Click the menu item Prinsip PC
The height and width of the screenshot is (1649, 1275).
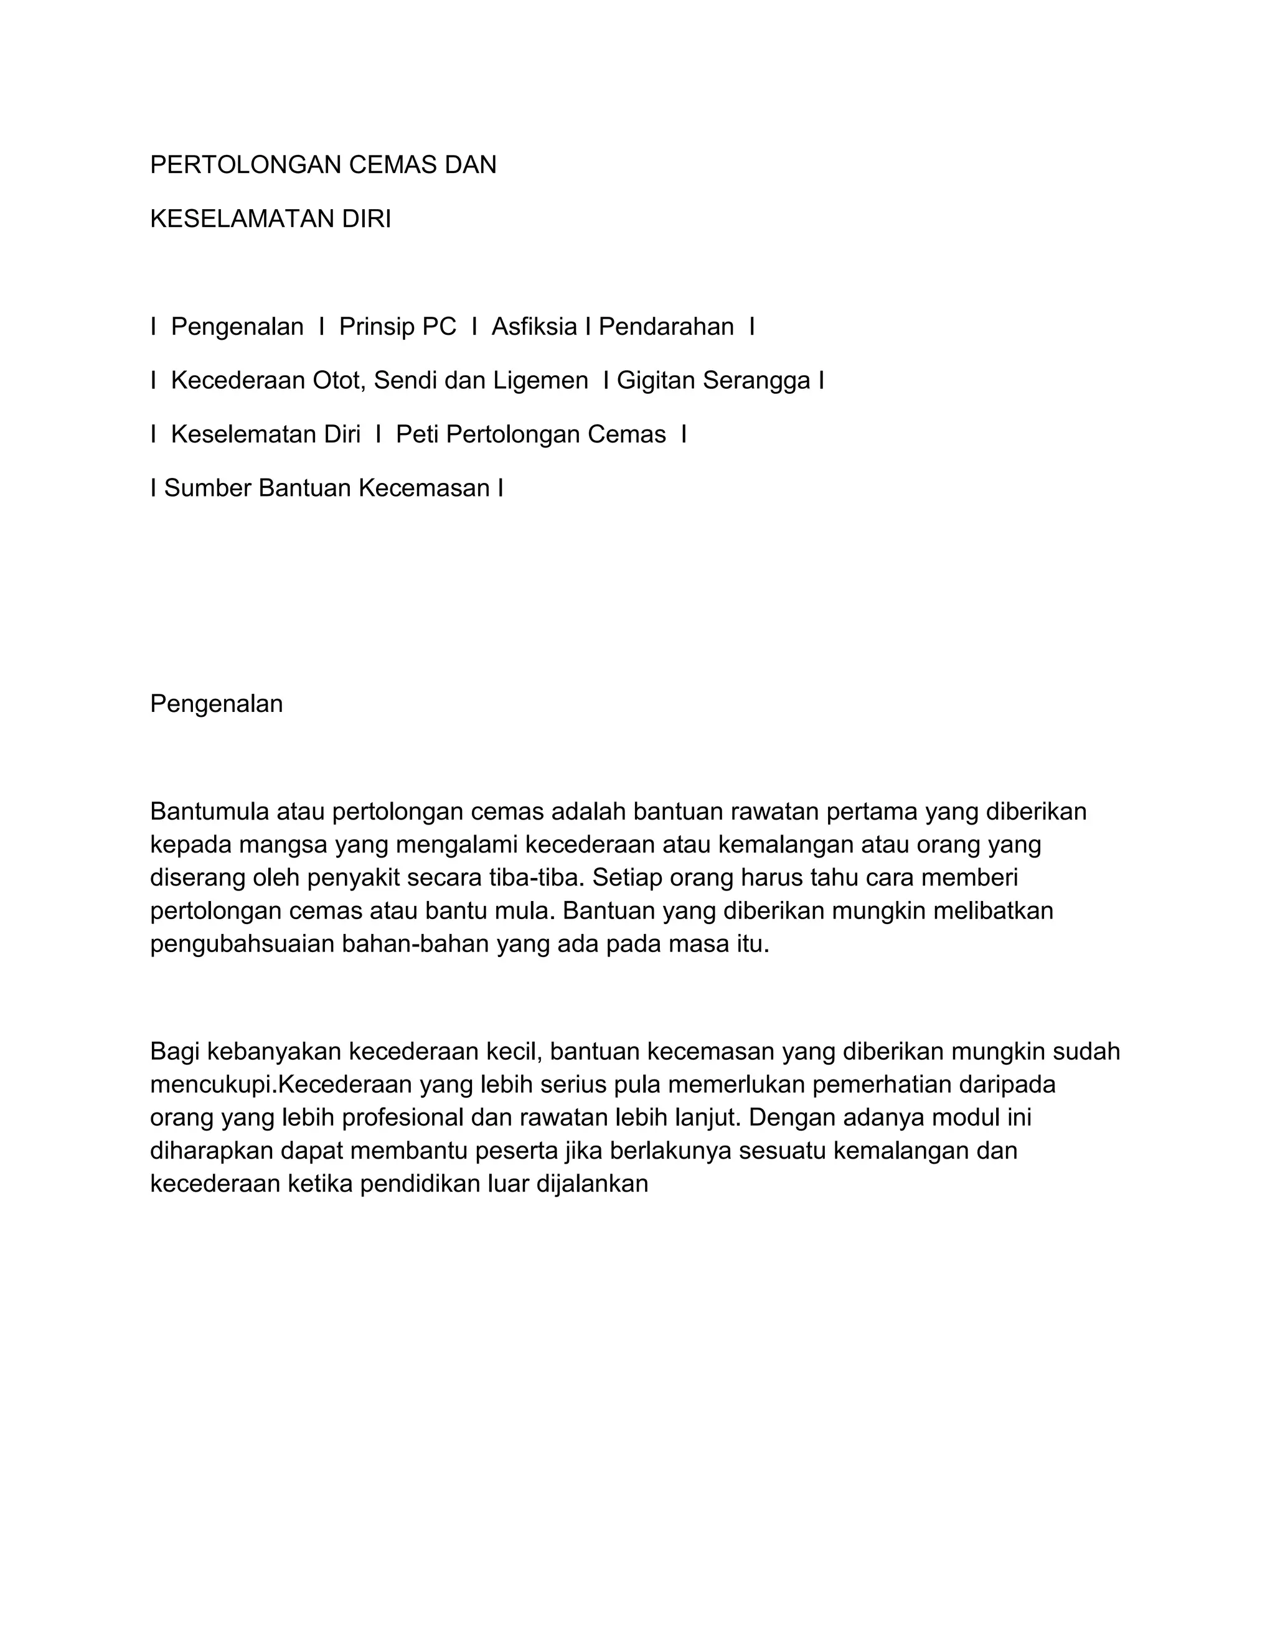(397, 327)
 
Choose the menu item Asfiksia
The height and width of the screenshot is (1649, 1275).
(534, 327)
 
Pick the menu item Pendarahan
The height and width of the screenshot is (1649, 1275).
(666, 327)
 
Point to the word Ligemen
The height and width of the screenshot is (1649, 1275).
(541, 381)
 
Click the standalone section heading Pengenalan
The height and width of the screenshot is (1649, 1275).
(216, 704)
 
